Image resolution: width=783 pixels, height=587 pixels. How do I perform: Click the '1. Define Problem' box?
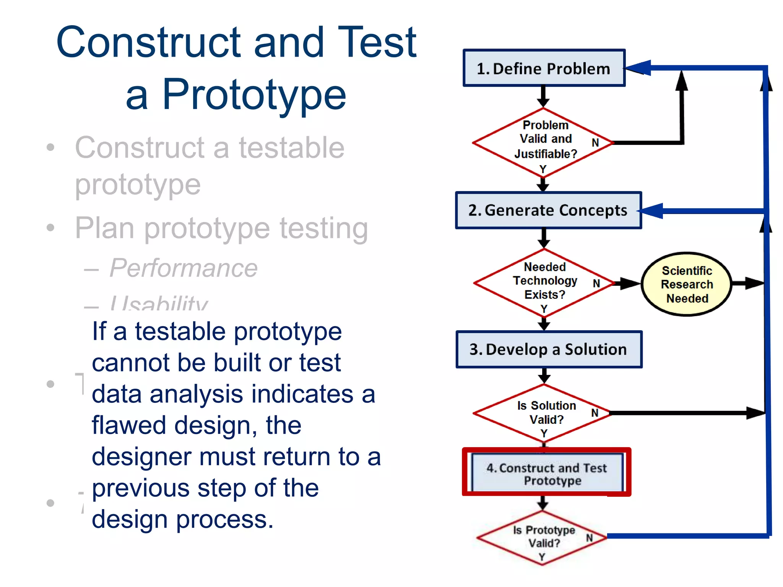[x=544, y=68]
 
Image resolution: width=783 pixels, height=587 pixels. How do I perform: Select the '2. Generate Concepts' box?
[x=548, y=210]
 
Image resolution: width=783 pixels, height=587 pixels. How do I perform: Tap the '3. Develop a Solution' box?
[x=549, y=349]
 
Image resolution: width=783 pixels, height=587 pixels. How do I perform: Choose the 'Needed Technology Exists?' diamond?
[x=544, y=282]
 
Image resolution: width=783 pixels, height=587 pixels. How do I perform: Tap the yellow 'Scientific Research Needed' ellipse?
[x=687, y=284]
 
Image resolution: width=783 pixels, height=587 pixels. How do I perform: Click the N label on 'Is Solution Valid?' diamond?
[x=595, y=413]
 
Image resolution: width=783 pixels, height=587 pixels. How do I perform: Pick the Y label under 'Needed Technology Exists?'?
[x=544, y=308]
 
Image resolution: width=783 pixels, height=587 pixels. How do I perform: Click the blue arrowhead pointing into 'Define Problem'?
[x=638, y=68]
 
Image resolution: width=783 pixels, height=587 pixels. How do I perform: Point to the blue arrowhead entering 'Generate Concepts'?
[x=652, y=211]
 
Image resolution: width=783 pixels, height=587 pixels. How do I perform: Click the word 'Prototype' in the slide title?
[x=254, y=94]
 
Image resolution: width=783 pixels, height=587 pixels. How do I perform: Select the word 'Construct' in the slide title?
[x=149, y=42]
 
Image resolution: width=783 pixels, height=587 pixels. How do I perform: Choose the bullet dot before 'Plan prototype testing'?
[x=50, y=228]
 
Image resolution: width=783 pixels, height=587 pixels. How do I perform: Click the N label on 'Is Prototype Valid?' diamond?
[x=589, y=538]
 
